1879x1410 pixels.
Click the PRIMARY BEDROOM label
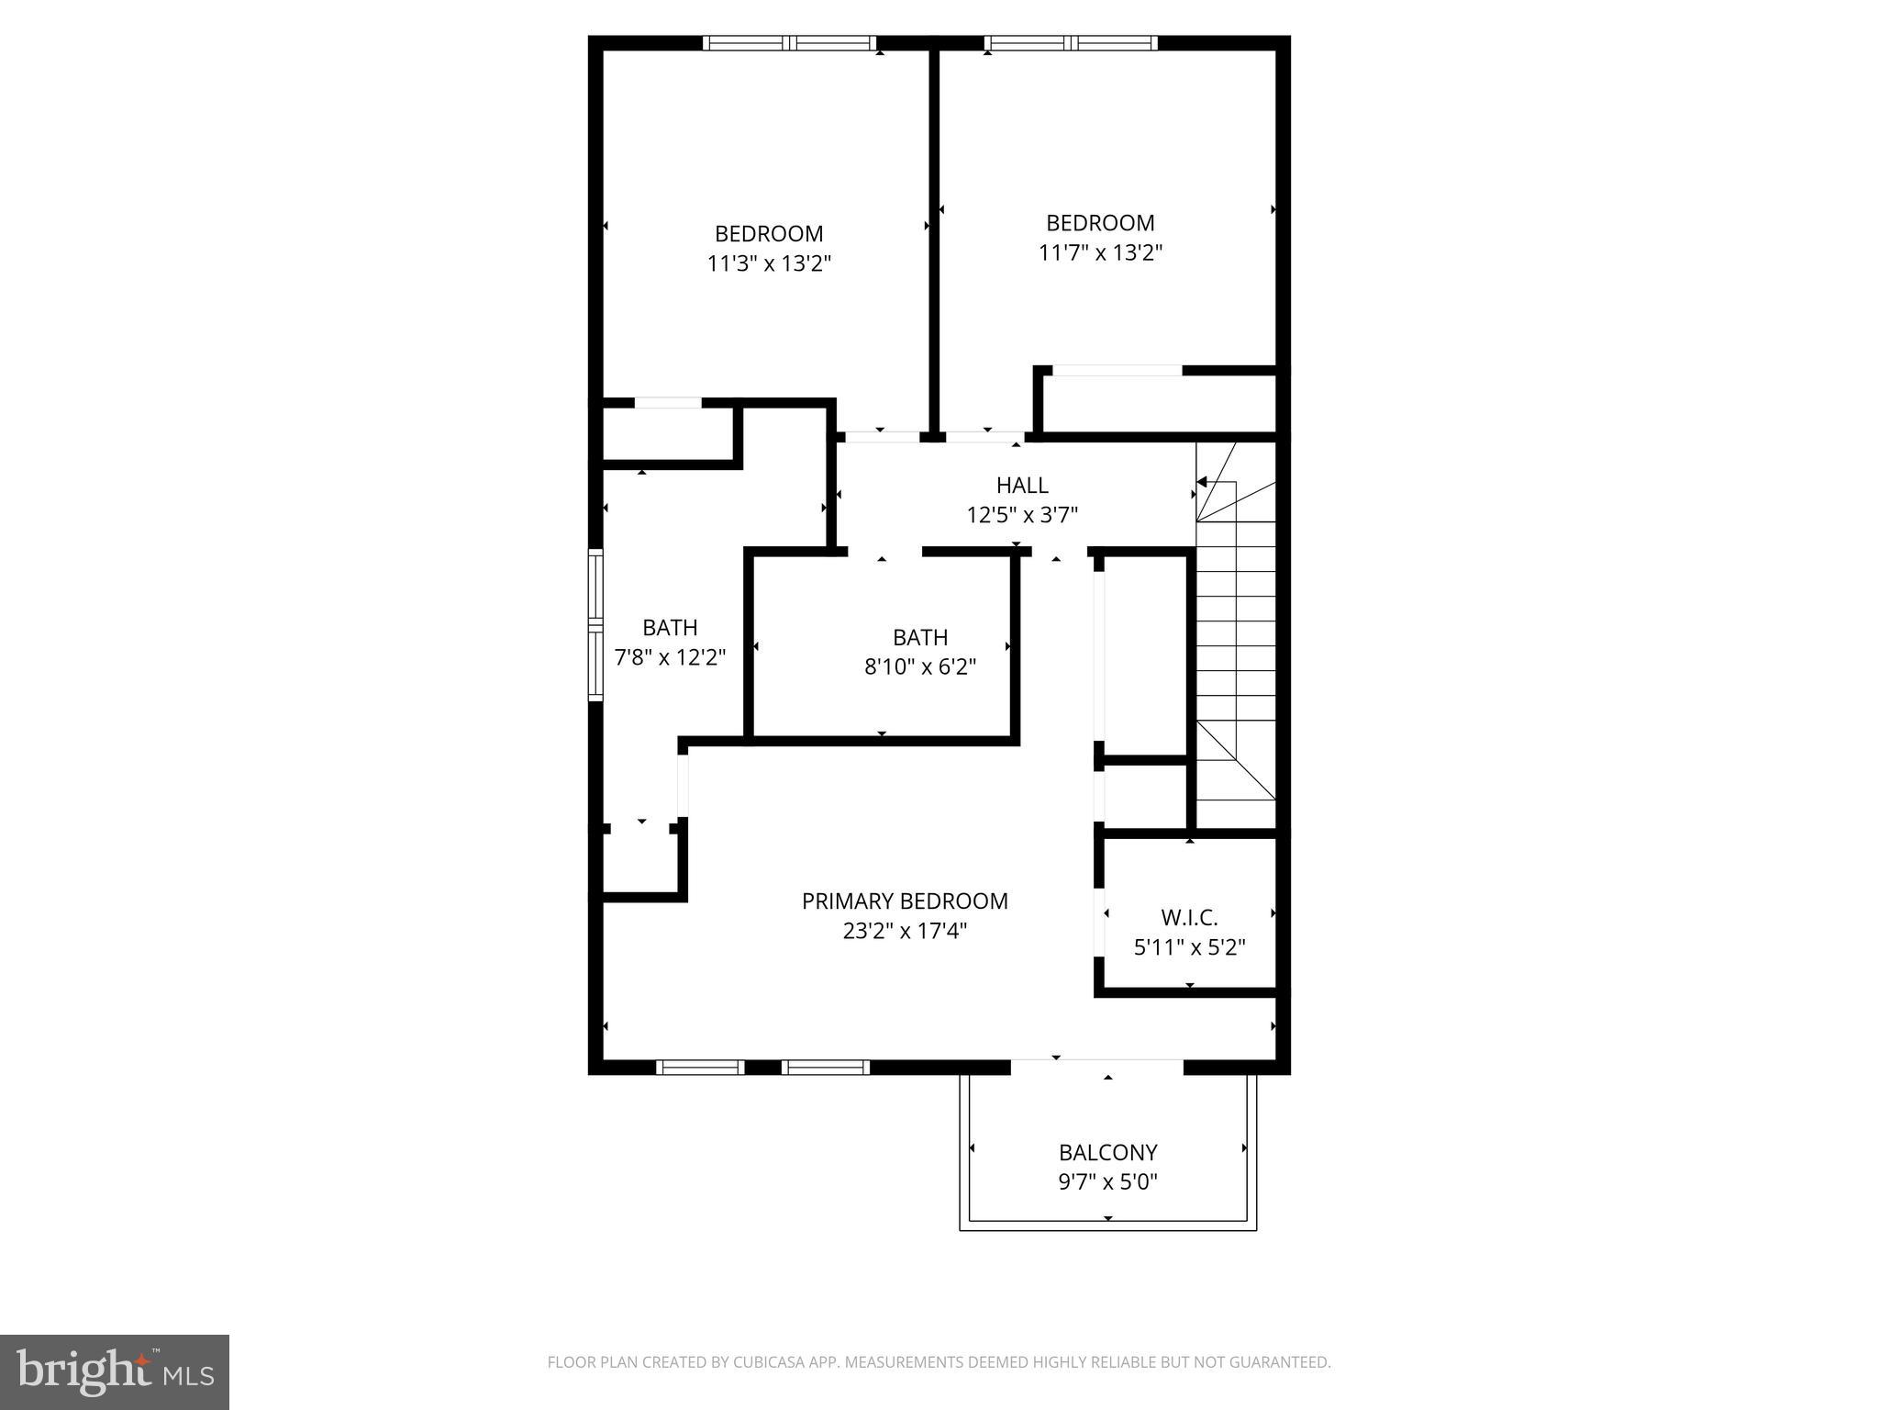pyautogui.click(x=905, y=901)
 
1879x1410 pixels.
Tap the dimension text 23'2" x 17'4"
pyautogui.click(x=905, y=931)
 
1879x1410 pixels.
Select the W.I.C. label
pyautogui.click(x=1189, y=917)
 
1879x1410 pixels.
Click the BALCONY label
pyautogui.click(x=1107, y=1152)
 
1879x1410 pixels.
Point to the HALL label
pyautogui.click(x=1022, y=485)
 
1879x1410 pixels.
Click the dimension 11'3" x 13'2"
pyautogui.click(x=769, y=263)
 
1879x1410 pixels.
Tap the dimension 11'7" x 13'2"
pyautogui.click(x=1100, y=252)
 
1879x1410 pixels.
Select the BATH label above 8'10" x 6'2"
pyautogui.click(x=920, y=637)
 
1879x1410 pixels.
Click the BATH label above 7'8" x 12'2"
pyautogui.click(x=670, y=628)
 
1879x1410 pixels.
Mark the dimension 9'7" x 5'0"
pyautogui.click(x=1107, y=1181)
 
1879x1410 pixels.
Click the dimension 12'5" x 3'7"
pyautogui.click(x=1022, y=514)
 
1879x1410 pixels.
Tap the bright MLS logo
pyautogui.click(x=115, y=1371)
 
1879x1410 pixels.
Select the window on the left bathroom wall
pyautogui.click(x=596, y=626)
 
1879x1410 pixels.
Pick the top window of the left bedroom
pyautogui.click(x=789, y=43)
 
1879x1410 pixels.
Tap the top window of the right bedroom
pyautogui.click(x=1071, y=43)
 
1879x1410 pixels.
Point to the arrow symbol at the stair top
pyautogui.click(x=1201, y=482)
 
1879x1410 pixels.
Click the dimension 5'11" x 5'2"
pyautogui.click(x=1189, y=946)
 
